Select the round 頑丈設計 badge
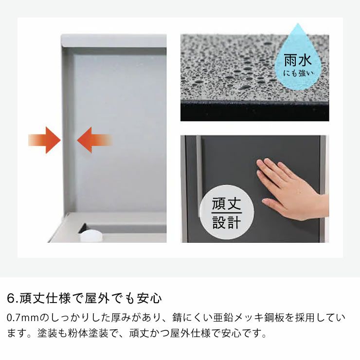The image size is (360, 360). [226, 213]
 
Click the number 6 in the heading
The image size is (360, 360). [11, 297]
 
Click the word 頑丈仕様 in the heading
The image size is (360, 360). [44, 297]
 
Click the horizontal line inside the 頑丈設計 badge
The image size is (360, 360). [226, 213]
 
